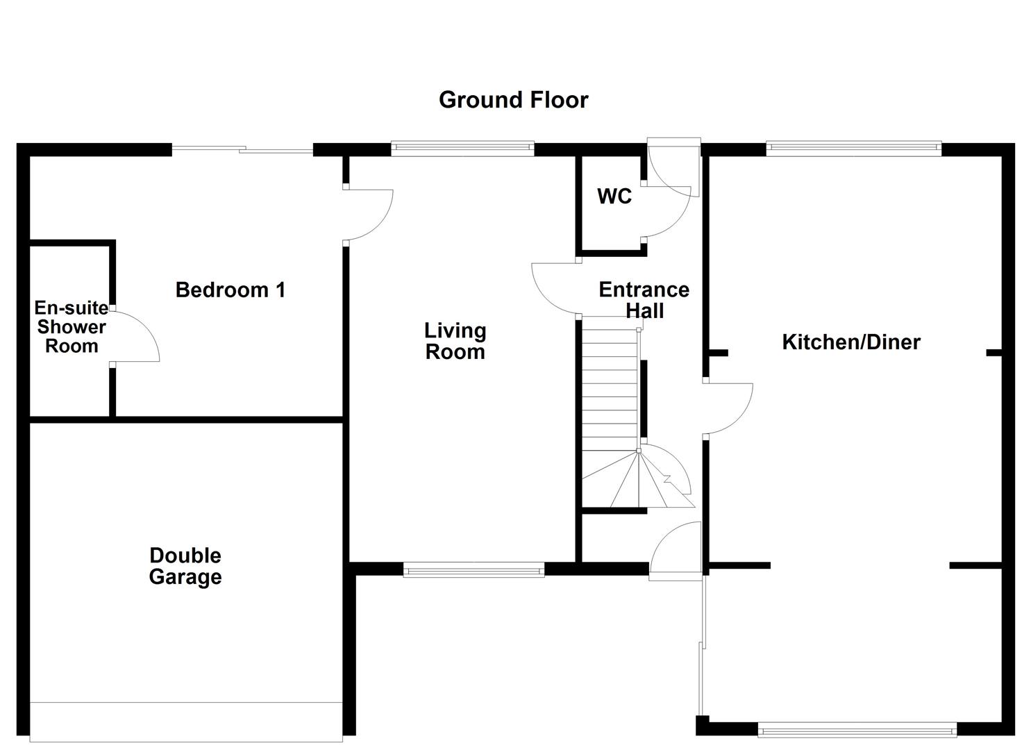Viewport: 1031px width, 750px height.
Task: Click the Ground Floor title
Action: (513, 100)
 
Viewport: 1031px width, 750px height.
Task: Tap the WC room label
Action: (614, 197)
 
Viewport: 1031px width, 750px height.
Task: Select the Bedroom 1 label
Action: (230, 290)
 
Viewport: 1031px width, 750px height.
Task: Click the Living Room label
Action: (455, 341)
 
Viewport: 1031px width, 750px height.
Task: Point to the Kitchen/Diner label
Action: (851, 342)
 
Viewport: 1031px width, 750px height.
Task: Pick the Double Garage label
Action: (185, 566)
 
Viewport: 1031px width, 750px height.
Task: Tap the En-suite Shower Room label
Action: (71, 327)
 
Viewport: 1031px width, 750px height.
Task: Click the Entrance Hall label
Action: (644, 299)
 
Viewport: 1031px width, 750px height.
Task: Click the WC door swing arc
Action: (670, 215)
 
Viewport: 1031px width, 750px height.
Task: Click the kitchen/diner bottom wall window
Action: (857, 729)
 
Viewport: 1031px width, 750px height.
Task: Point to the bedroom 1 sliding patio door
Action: (242, 149)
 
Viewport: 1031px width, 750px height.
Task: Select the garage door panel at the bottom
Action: (186, 722)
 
